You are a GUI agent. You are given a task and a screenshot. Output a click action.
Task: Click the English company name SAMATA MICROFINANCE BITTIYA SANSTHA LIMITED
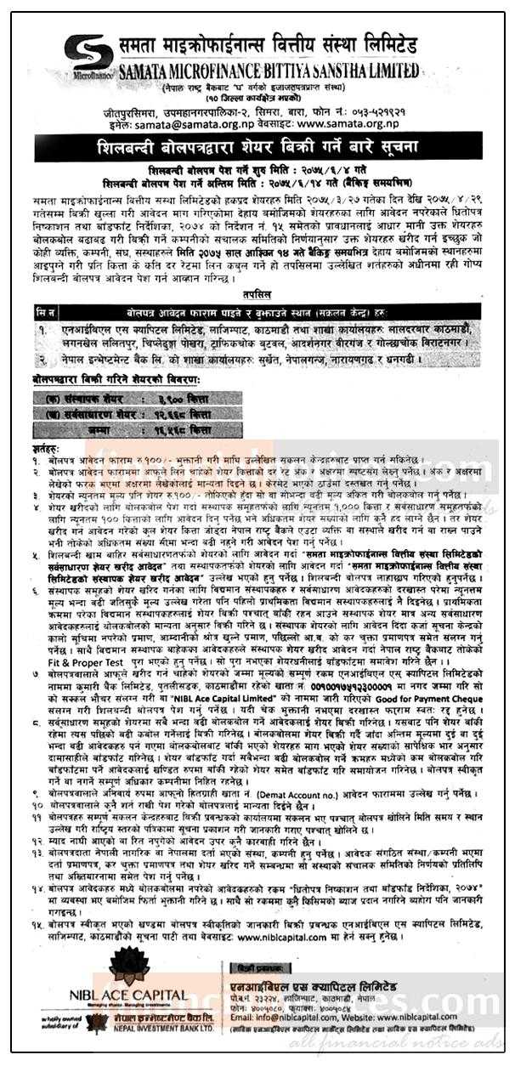click(270, 70)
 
